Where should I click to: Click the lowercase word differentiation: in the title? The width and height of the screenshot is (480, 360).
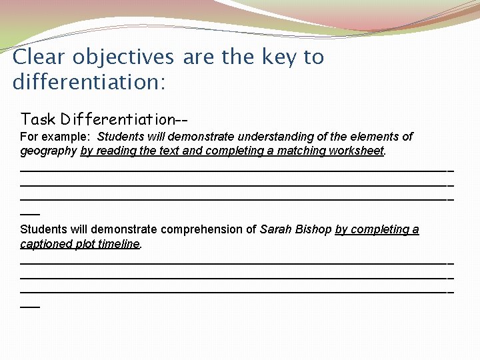(x=89, y=83)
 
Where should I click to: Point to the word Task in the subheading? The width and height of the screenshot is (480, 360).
(x=38, y=119)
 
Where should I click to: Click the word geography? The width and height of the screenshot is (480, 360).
(x=49, y=151)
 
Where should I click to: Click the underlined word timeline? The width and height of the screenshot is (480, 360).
(x=119, y=244)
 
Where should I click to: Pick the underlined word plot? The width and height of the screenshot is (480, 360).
(x=85, y=244)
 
